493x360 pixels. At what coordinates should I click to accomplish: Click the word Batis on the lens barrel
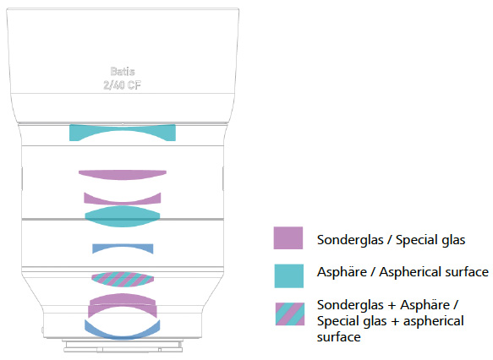123,72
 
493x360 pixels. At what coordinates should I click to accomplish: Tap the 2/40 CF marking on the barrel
123,85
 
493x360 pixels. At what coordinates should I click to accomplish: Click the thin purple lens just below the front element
123,175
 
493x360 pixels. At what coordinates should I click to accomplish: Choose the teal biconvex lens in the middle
123,216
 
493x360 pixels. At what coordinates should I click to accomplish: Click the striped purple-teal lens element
123,279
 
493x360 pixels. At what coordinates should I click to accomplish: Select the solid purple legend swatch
288,237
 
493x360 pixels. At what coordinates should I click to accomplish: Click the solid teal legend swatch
289,275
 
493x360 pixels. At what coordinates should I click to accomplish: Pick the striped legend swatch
290,314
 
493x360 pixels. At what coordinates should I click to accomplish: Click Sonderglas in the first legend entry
350,240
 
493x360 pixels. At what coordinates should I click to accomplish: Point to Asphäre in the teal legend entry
342,272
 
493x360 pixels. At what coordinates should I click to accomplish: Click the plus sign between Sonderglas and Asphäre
392,306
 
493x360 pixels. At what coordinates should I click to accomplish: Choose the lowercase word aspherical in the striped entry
434,322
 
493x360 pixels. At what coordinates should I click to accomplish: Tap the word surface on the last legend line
338,337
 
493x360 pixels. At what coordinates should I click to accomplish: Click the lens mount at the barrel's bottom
123,346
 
